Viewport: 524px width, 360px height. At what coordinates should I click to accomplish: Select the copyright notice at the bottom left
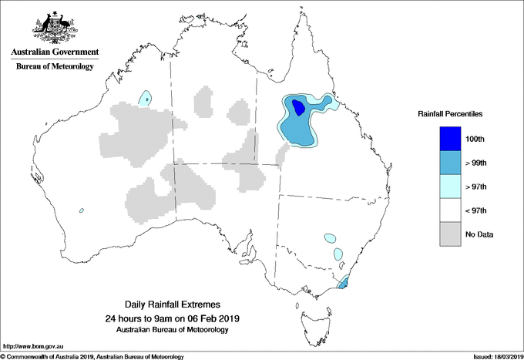(92, 355)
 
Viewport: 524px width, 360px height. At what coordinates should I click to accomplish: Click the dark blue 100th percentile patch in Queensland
(296, 109)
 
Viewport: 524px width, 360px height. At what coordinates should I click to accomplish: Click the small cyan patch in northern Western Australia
(145, 97)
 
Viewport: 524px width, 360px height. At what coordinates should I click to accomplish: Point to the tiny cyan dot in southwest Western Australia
(80, 210)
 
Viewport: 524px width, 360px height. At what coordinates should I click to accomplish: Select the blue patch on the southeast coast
(343, 284)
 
